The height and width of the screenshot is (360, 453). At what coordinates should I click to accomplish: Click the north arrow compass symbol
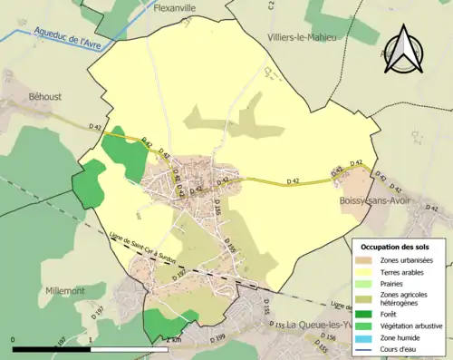pos(403,46)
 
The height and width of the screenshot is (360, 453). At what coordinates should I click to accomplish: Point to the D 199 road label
pos(218,338)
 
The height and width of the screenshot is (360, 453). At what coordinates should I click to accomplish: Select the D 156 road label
pos(333,337)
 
